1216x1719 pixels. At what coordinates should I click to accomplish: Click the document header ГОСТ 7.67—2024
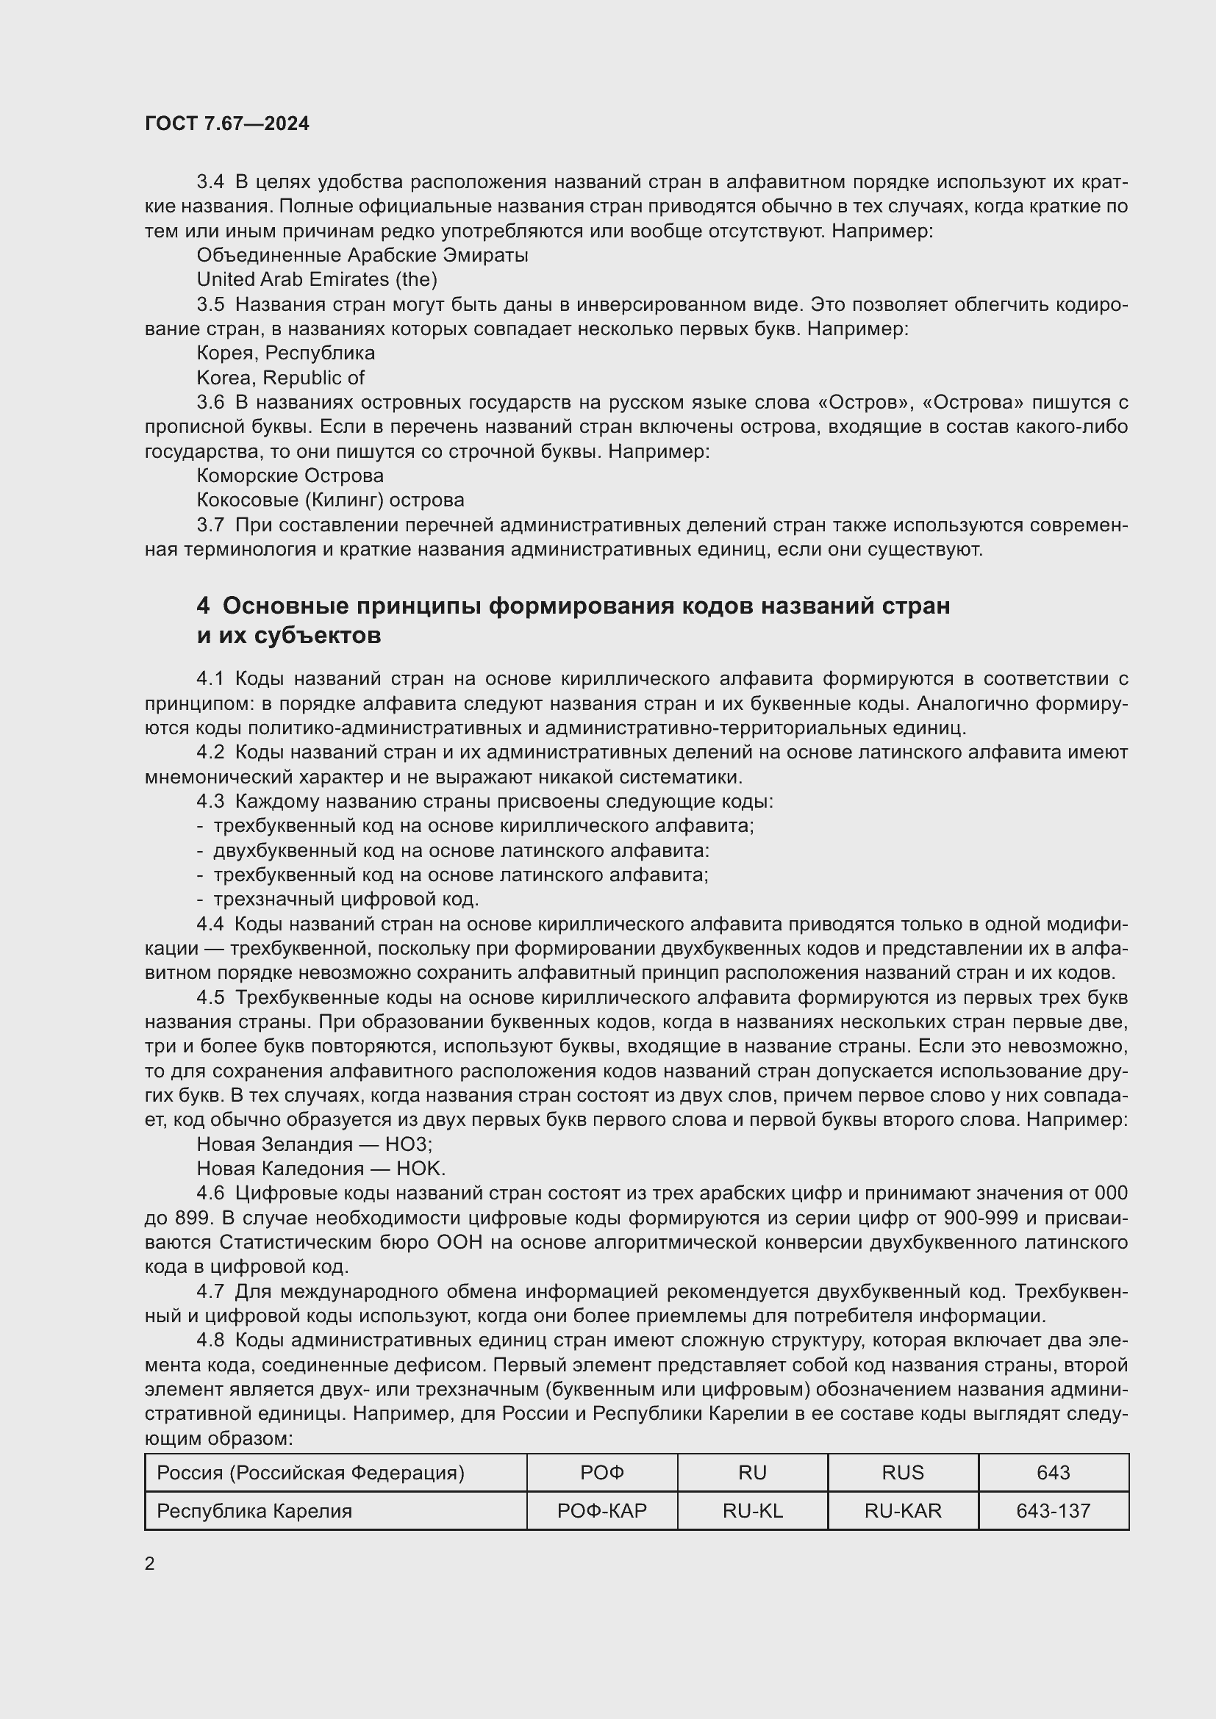click(x=227, y=124)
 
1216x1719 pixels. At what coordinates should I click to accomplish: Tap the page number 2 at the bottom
click(x=150, y=1563)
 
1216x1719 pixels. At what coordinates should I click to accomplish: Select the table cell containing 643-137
click(x=1053, y=1511)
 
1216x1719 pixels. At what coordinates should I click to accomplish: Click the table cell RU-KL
click(x=753, y=1511)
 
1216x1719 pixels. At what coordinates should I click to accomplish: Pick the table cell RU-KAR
click(x=902, y=1511)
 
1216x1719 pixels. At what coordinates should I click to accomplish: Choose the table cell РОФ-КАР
click(x=602, y=1511)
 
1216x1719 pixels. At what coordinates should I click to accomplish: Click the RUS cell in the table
click(x=902, y=1473)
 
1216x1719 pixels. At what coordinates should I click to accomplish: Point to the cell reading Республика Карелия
click(x=254, y=1511)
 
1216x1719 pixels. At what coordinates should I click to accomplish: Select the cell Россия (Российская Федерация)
click(x=311, y=1473)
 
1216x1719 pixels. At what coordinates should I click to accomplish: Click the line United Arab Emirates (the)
click(x=317, y=279)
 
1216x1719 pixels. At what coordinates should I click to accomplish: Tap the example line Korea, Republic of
click(x=281, y=377)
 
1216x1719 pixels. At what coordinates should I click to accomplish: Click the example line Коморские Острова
click(x=290, y=475)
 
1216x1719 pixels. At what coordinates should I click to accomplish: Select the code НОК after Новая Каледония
click(x=421, y=1168)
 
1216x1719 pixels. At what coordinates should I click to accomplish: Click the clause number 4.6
click(x=210, y=1193)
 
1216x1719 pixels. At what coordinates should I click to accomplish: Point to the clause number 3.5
click(x=210, y=304)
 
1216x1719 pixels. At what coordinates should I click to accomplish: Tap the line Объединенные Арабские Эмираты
click(x=362, y=255)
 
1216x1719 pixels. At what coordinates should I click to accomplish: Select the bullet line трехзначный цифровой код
click(x=346, y=898)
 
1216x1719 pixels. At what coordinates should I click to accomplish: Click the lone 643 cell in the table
click(x=1053, y=1473)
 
